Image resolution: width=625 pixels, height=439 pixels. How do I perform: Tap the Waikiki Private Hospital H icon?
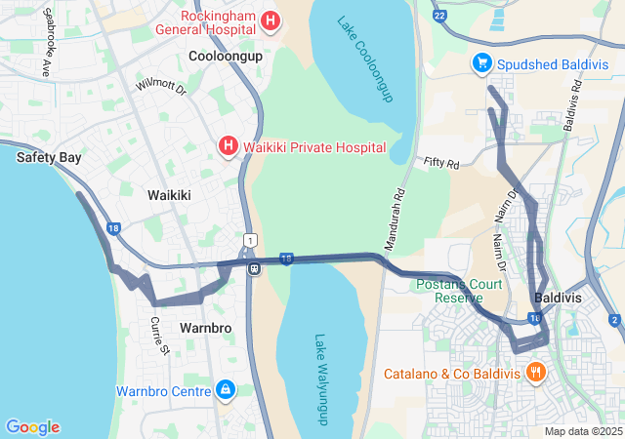pyautogui.click(x=228, y=146)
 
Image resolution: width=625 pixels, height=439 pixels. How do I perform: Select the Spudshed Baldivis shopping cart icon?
pyautogui.click(x=481, y=63)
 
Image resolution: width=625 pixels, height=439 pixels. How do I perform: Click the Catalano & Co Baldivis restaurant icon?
pyautogui.click(x=535, y=373)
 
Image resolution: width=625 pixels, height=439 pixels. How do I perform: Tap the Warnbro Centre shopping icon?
pyautogui.click(x=226, y=391)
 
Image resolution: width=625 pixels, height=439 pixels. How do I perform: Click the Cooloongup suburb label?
pyautogui.click(x=226, y=57)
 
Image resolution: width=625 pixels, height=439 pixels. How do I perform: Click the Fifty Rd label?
pyautogui.click(x=441, y=164)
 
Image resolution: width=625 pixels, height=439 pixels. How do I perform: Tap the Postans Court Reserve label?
pyautogui.click(x=459, y=291)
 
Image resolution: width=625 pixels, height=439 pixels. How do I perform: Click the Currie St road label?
pyautogui.click(x=161, y=335)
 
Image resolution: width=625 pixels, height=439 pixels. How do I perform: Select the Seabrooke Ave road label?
pyautogui.click(x=46, y=57)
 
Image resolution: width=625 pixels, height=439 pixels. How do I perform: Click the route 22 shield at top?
pyautogui.click(x=439, y=16)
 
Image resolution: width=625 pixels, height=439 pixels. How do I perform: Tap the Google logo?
pyautogui.click(x=33, y=427)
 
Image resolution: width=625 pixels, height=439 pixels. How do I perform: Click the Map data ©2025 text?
pyautogui.click(x=583, y=431)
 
